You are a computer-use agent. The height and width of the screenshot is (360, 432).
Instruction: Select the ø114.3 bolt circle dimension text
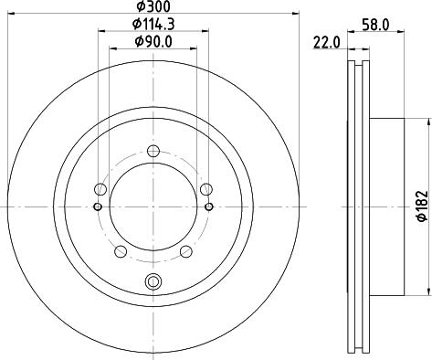click(x=153, y=24)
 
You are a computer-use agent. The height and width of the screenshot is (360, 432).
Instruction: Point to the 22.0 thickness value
click(x=327, y=42)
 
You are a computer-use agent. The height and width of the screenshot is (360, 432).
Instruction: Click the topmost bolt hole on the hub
click(x=153, y=152)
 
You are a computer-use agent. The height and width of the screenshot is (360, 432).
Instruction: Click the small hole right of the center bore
click(x=210, y=206)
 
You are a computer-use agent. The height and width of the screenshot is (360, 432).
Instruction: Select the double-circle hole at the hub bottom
click(x=153, y=281)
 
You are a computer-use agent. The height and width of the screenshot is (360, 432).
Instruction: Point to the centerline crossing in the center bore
click(x=153, y=206)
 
